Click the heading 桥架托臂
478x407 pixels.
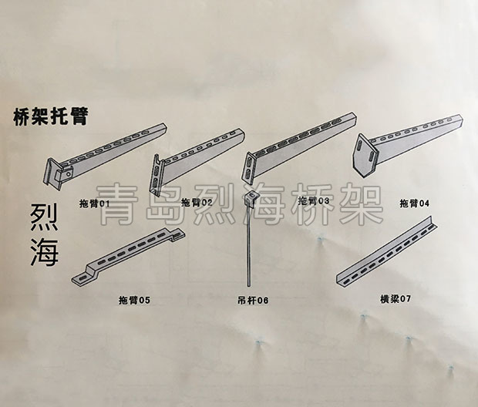click(50, 116)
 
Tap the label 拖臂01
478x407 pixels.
click(94, 203)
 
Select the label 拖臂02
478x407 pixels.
click(197, 202)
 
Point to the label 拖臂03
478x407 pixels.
click(314, 200)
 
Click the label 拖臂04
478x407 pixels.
click(414, 203)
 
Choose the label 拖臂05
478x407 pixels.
click(134, 301)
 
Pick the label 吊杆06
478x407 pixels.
click(253, 301)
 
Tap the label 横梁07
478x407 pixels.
click(396, 299)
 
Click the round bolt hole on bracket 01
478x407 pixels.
click(69, 174)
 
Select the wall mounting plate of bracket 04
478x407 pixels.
click(365, 155)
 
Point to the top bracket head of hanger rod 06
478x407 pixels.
click(251, 197)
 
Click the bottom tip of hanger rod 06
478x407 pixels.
click(249, 285)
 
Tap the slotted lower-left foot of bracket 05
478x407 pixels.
click(83, 277)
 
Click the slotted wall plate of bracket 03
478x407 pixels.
click(249, 168)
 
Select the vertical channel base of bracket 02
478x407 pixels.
click(155, 175)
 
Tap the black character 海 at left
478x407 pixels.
click(44, 251)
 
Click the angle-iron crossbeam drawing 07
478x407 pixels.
click(386, 251)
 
